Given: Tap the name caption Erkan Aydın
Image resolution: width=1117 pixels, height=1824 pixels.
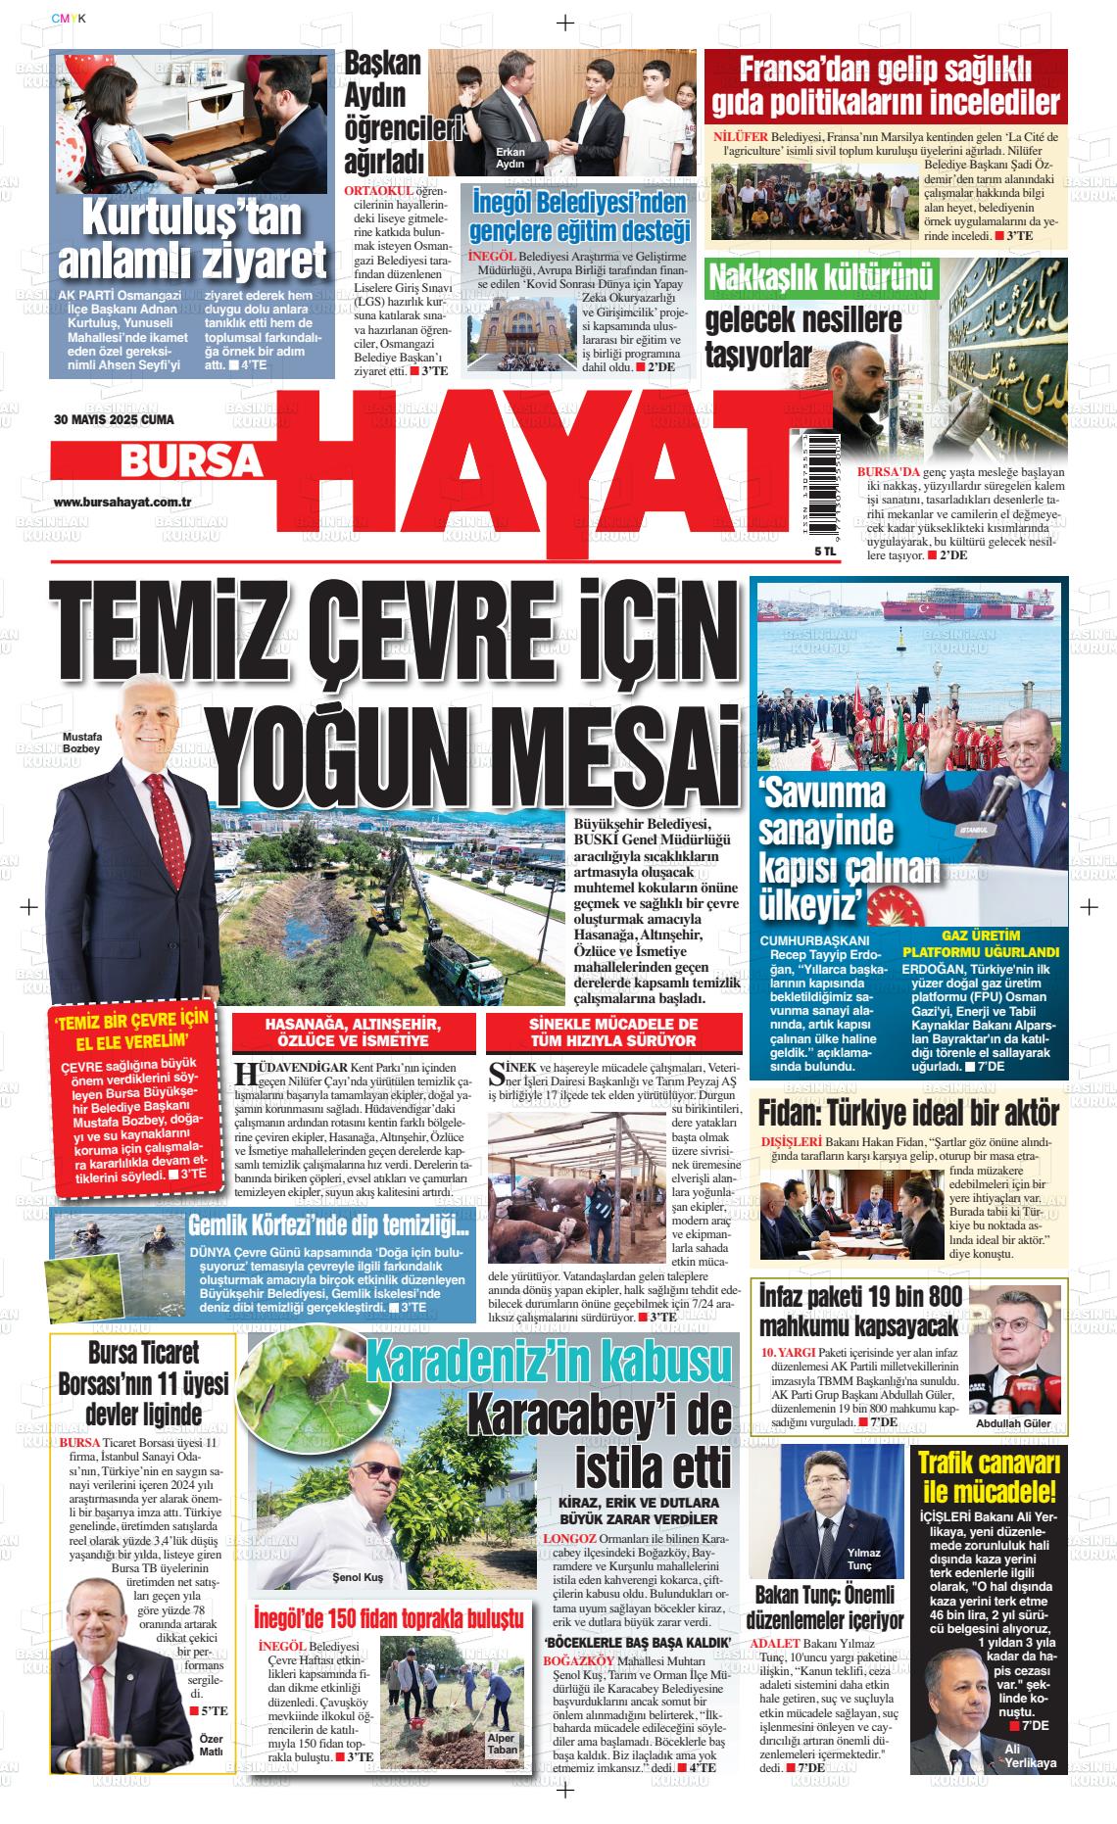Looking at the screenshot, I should (510, 158).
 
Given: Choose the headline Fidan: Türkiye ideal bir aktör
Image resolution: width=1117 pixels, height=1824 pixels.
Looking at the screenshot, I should (908, 1114).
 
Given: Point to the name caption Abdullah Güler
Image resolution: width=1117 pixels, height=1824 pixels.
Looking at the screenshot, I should (1013, 1423).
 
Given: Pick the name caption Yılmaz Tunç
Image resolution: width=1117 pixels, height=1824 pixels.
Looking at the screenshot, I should (865, 1560).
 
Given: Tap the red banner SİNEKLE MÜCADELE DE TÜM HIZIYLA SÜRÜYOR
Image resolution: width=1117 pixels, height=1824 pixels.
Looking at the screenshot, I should (599, 1032).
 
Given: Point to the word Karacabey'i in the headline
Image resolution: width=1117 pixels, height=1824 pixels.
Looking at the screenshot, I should (599, 1416).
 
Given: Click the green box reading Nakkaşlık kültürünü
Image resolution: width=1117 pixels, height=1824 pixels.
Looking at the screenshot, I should (821, 278).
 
